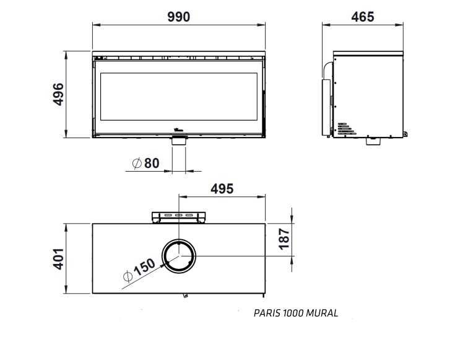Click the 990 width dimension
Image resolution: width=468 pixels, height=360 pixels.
coord(178,17)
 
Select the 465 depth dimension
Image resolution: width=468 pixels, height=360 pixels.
coord(363,17)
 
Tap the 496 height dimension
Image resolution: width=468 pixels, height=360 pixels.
coord(58,94)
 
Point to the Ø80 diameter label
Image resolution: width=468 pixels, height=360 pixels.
coord(145,163)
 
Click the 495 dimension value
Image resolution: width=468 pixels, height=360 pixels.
coord(222,189)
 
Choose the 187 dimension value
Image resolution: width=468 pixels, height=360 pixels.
coord(284,239)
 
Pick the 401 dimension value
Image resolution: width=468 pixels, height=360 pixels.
coord(58,259)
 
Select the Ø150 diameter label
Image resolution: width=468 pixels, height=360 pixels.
coord(139,270)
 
